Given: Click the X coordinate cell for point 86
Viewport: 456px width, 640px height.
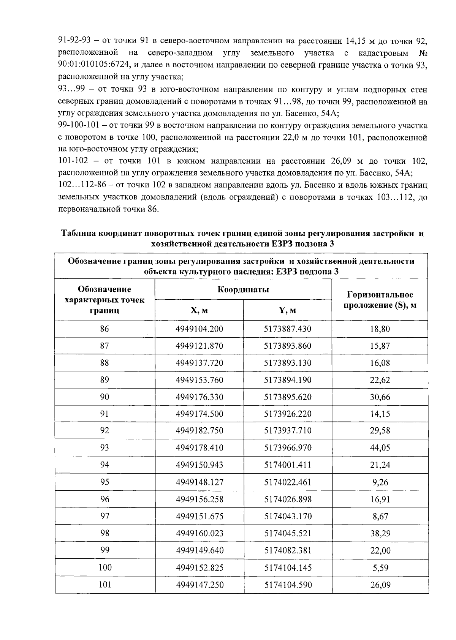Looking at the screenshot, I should [x=199, y=329].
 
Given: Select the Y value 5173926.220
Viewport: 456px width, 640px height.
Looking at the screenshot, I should [x=288, y=414].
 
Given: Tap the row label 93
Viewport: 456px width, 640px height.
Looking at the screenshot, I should [x=104, y=448].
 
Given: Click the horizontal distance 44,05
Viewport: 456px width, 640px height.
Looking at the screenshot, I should [x=380, y=448].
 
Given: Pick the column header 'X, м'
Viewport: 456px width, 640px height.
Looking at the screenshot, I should [x=199, y=310].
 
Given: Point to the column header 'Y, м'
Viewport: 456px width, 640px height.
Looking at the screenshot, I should [x=288, y=310].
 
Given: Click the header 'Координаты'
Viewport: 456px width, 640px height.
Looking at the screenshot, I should [x=243, y=290].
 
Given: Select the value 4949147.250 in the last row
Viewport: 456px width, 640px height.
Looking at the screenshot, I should [x=199, y=585].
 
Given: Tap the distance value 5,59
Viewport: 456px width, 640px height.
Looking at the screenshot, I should [x=380, y=568].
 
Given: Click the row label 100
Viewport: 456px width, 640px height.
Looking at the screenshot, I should [x=105, y=567].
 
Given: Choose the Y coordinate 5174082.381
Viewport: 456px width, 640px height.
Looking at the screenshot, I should [x=288, y=551].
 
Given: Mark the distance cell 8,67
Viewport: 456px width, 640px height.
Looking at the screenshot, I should [x=380, y=517].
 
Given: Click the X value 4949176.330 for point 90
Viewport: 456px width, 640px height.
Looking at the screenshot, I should [x=199, y=397].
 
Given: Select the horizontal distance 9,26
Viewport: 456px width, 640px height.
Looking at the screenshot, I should [x=380, y=482].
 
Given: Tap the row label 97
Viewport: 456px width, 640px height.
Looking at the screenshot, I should [x=104, y=517].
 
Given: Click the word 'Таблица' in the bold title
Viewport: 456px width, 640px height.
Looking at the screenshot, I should [x=79, y=234].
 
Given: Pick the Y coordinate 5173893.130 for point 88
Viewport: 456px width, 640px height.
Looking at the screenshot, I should [x=288, y=363].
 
